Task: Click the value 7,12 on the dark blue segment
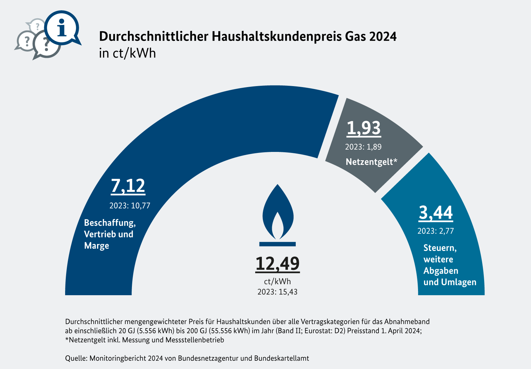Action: pos(128,186)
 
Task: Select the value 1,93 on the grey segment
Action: pos(364,128)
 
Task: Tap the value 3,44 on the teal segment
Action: pos(436,213)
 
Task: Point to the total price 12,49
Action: pos(277,264)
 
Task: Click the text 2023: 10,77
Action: pos(130,206)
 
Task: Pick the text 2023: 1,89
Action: pos(363,147)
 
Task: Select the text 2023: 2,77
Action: pos(436,231)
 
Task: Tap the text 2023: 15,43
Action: pos(277,292)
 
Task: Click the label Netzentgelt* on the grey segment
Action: pos(372,162)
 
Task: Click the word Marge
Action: pos(97,246)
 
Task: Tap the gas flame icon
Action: pos(278,213)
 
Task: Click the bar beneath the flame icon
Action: pos(277,244)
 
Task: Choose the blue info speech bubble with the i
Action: pos(62,28)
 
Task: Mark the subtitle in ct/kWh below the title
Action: pos(127,54)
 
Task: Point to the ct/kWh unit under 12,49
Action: pos(277,282)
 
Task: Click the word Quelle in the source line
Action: pos(76,358)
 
